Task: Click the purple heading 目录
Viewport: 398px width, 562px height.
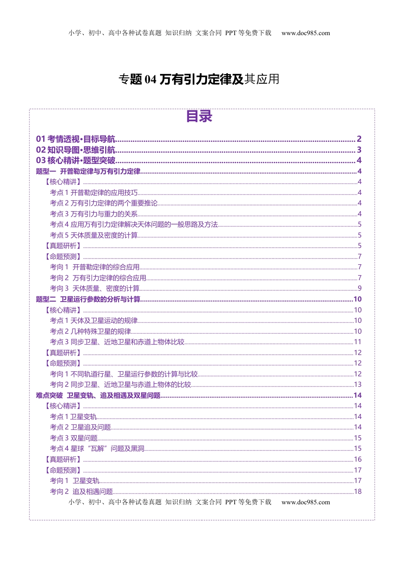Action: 199,116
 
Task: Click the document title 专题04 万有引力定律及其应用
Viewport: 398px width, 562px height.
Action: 199,79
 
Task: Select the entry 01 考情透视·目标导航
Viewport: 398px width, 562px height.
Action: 76,139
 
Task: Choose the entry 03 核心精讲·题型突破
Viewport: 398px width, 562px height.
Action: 76,161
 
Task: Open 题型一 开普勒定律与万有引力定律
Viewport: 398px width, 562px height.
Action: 88,171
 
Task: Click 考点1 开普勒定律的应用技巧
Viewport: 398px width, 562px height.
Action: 94,193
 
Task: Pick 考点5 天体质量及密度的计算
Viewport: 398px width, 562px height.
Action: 94,235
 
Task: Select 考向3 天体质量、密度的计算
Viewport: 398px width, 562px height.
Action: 95,289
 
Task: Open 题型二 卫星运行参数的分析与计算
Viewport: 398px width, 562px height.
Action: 88,299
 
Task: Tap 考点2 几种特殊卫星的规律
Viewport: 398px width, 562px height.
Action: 90,332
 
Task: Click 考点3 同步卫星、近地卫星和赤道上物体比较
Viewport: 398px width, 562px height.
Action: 117,342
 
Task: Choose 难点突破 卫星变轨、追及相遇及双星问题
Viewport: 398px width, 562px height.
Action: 98,396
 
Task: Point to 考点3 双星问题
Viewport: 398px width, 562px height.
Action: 74,438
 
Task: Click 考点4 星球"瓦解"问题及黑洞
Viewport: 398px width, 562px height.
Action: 97,449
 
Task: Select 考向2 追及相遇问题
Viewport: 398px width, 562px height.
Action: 82,492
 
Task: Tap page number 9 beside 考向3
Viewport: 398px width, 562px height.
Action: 359,289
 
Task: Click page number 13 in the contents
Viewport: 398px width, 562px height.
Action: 357,385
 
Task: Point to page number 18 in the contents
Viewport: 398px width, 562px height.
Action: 357,492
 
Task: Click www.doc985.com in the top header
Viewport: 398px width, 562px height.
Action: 305,33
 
